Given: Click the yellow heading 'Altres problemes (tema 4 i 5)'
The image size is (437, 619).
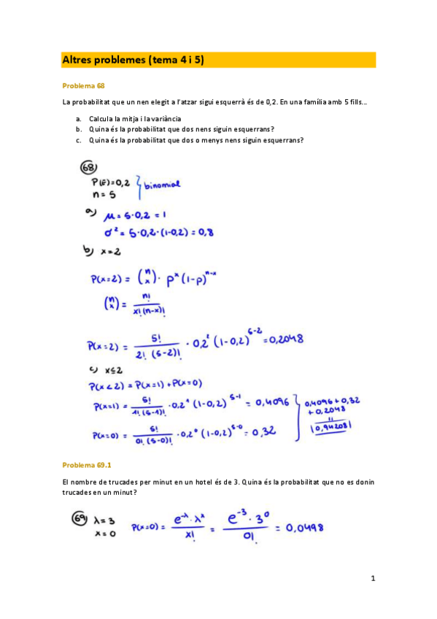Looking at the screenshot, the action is (x=133, y=60).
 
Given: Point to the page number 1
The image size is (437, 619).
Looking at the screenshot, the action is (x=372, y=579).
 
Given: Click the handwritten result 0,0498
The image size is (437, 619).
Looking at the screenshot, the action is (x=303, y=527).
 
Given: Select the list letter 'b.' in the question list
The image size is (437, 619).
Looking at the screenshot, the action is (x=78, y=129).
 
